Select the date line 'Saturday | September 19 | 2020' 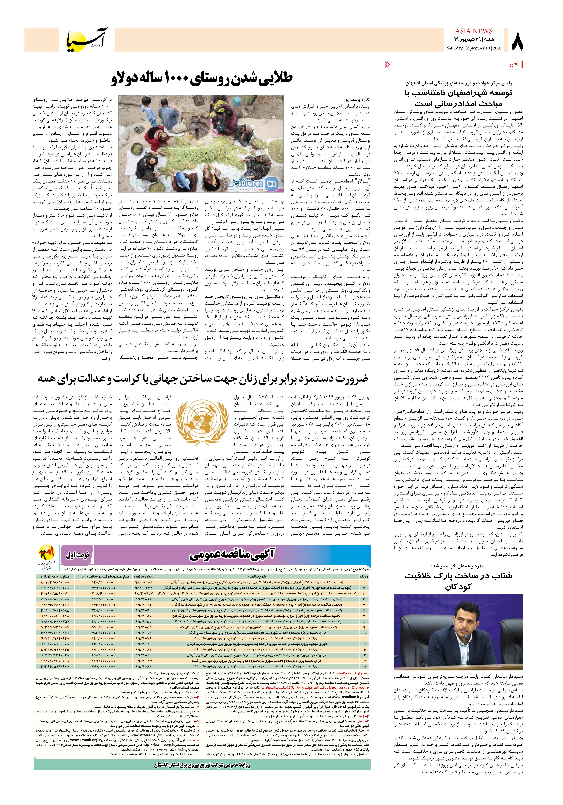pyautogui.click(x=474, y=48)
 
